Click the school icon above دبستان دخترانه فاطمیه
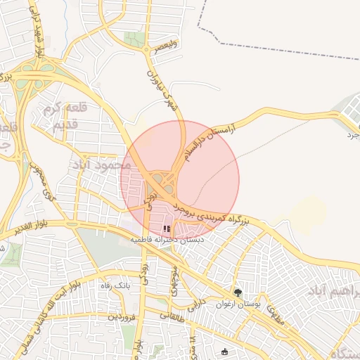point(167,229)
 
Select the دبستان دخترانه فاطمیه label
point(170,240)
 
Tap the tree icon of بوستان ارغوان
point(238,292)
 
